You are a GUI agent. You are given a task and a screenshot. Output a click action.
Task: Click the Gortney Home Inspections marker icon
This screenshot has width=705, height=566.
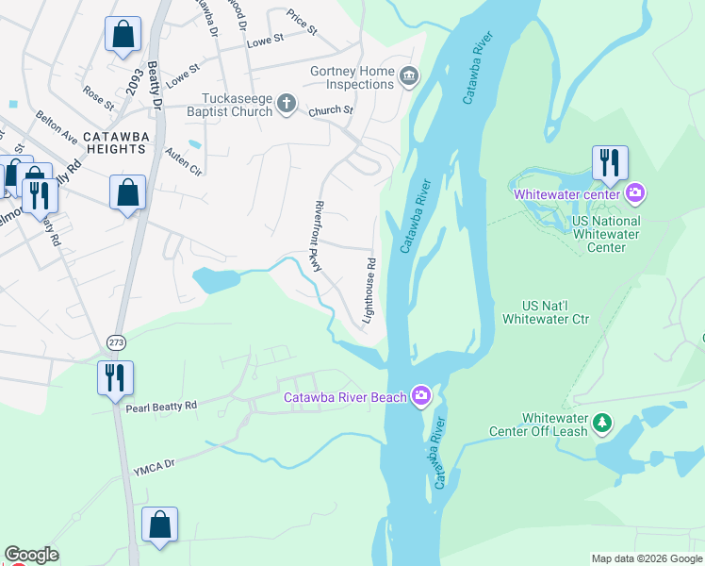[x=408, y=76]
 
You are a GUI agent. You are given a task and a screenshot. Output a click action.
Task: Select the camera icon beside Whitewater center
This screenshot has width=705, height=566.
[x=635, y=194]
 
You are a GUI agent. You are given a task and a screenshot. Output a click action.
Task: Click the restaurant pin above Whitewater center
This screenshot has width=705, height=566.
[x=610, y=163]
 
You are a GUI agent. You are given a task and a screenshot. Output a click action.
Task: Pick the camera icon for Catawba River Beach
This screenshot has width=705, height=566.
[x=420, y=397]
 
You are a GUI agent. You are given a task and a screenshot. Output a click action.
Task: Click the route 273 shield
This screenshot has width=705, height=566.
[x=115, y=341]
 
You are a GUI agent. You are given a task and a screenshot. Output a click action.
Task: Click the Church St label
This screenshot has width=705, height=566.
[x=330, y=110]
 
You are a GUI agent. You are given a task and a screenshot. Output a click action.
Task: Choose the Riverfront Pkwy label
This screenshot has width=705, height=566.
[x=317, y=236]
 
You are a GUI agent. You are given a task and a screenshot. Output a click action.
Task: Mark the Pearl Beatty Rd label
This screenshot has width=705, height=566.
[x=161, y=406]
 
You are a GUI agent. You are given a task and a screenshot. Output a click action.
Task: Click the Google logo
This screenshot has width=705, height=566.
[x=31, y=555]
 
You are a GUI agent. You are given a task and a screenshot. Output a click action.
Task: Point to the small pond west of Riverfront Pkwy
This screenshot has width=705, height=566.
[x=216, y=278]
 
